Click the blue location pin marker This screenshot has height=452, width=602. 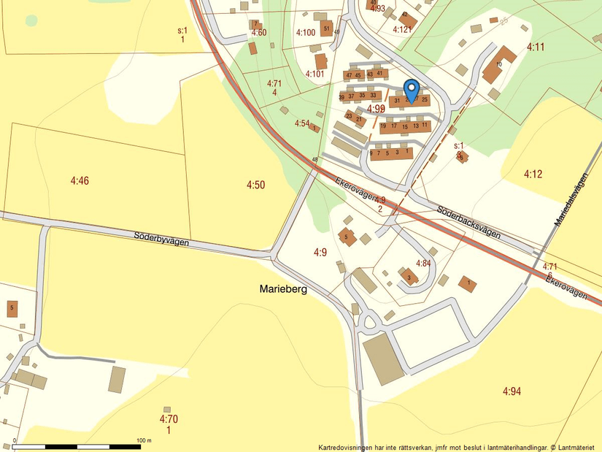pos(411,90)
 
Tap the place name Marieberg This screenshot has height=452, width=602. pos(283,289)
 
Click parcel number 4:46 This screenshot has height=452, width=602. pos(80,180)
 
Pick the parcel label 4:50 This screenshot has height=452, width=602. pos(255,185)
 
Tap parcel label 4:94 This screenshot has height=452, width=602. pos(512,391)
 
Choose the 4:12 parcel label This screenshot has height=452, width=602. pos(533,174)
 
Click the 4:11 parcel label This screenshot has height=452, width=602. pos(536,47)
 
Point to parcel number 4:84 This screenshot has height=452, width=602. pos(423,263)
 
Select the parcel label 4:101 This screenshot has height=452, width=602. pos(314,74)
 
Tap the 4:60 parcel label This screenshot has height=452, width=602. pos(259,33)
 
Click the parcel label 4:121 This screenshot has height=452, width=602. pos(402,30)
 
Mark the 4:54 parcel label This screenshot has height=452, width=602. pos(303,123)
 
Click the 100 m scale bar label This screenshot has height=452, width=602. pos(144,440)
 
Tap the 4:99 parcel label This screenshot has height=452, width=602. pos(376,109)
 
